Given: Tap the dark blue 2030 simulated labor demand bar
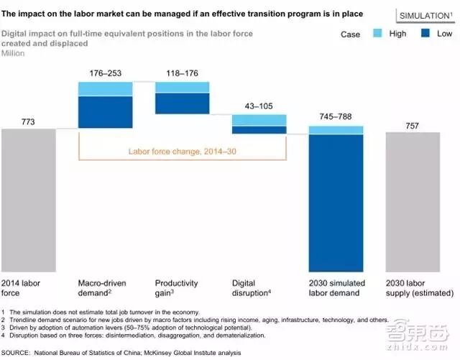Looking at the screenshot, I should [336, 200].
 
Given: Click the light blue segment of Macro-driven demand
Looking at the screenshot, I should [105, 88].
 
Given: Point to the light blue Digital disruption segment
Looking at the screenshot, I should [259, 120].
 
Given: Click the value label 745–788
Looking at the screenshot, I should [336, 115].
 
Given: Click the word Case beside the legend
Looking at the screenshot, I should [350, 34].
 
